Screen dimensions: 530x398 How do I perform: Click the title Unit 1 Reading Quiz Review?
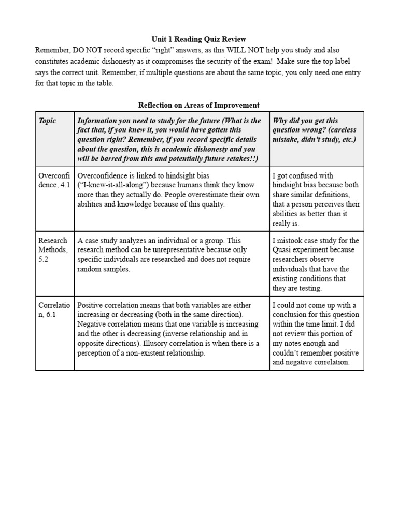(x=199, y=39)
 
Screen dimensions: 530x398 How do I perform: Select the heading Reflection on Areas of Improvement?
(x=199, y=105)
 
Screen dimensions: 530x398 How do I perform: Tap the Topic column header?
(x=47, y=121)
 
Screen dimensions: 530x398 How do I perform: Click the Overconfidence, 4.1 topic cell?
(x=54, y=181)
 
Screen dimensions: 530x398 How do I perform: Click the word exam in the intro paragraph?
(x=251, y=62)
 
